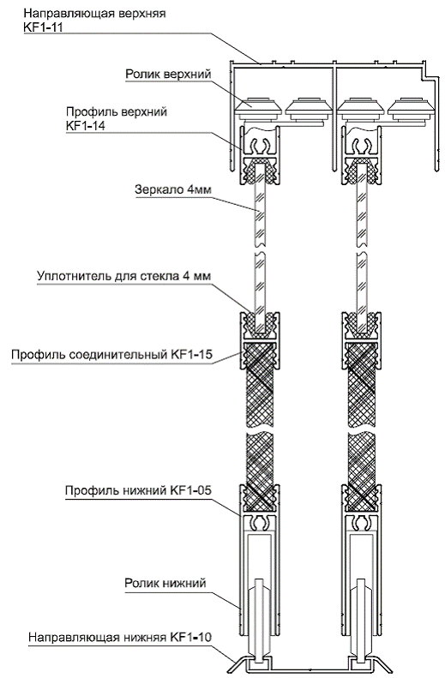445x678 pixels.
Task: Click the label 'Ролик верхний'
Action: pos(168,75)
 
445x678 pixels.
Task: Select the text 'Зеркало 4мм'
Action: pos(173,189)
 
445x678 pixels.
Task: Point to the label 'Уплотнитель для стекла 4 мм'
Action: pos(123,276)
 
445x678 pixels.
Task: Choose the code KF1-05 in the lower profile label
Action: pos(191,490)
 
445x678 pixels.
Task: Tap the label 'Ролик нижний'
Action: pos(165,583)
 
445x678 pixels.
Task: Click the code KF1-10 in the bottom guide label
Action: pos(190,638)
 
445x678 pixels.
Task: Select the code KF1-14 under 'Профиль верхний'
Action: pos(86,125)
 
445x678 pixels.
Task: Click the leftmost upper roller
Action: pos(258,108)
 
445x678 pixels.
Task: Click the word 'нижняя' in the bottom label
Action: pos(145,638)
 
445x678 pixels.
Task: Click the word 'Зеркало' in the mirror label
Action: pos(158,189)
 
